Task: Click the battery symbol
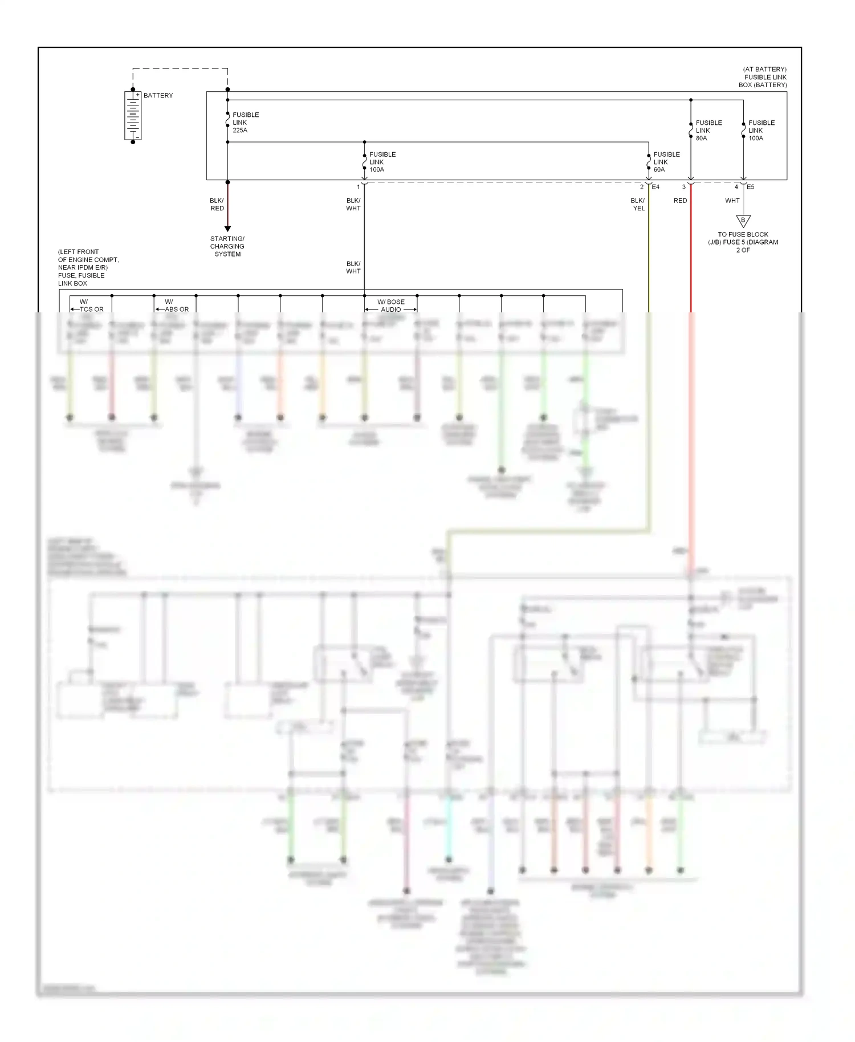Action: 133,116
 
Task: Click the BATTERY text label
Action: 158,96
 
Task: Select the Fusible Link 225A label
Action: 245,123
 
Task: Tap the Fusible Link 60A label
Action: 666,162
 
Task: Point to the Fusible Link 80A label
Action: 708,131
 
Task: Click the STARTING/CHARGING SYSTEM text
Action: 227,246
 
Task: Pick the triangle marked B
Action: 743,221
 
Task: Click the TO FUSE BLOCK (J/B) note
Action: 743,242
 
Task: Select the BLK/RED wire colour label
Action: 217,205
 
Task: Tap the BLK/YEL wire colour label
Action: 638,205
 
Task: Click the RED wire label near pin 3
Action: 680,201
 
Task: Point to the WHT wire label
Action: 732,201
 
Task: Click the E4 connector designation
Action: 655,187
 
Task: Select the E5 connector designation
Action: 750,187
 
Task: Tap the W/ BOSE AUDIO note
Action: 391,306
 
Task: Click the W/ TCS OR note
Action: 88,306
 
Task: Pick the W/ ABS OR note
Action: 173,306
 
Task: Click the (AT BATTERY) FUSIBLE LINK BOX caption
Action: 764,77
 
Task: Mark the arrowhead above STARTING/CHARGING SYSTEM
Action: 227,229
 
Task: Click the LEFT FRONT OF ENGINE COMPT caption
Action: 88,267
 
